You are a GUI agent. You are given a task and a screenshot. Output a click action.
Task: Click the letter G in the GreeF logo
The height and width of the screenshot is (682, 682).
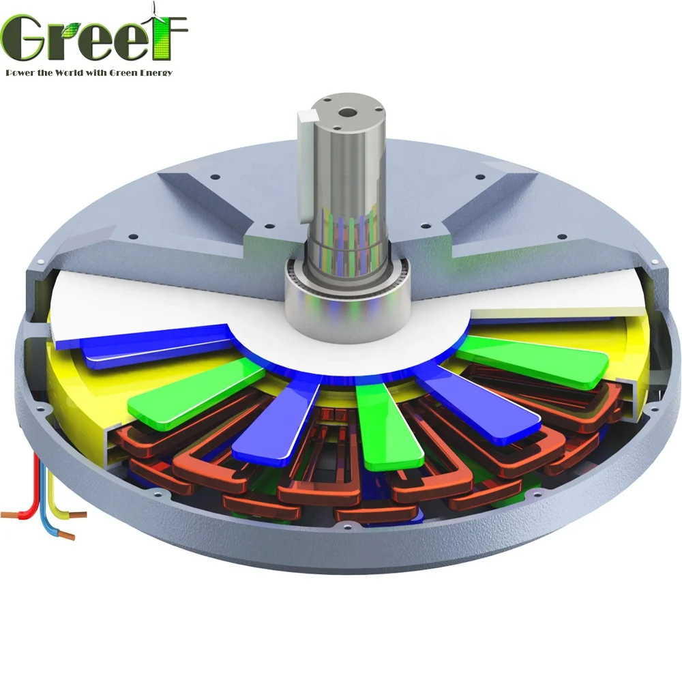pyautogui.click(x=27, y=39)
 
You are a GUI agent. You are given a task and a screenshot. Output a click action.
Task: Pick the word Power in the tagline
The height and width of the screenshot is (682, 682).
pyautogui.click(x=21, y=72)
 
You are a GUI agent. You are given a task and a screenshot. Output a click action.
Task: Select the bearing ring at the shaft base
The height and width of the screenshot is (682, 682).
pyautogui.click(x=327, y=300)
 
